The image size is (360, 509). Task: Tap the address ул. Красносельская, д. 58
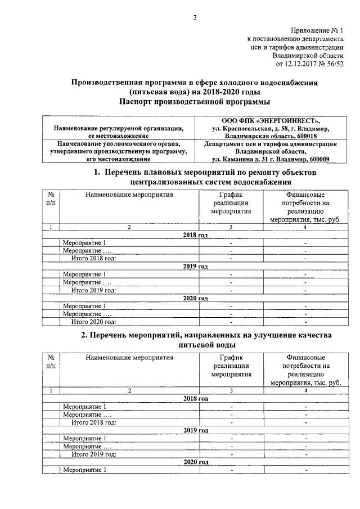coord(245,128)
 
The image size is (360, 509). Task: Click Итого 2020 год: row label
coord(93,322)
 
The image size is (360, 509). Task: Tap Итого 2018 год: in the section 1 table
coord(93,258)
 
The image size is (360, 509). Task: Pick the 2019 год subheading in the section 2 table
coord(196,430)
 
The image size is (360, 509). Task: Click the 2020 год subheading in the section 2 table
coord(196,462)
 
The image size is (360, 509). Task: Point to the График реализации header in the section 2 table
coord(231,365)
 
